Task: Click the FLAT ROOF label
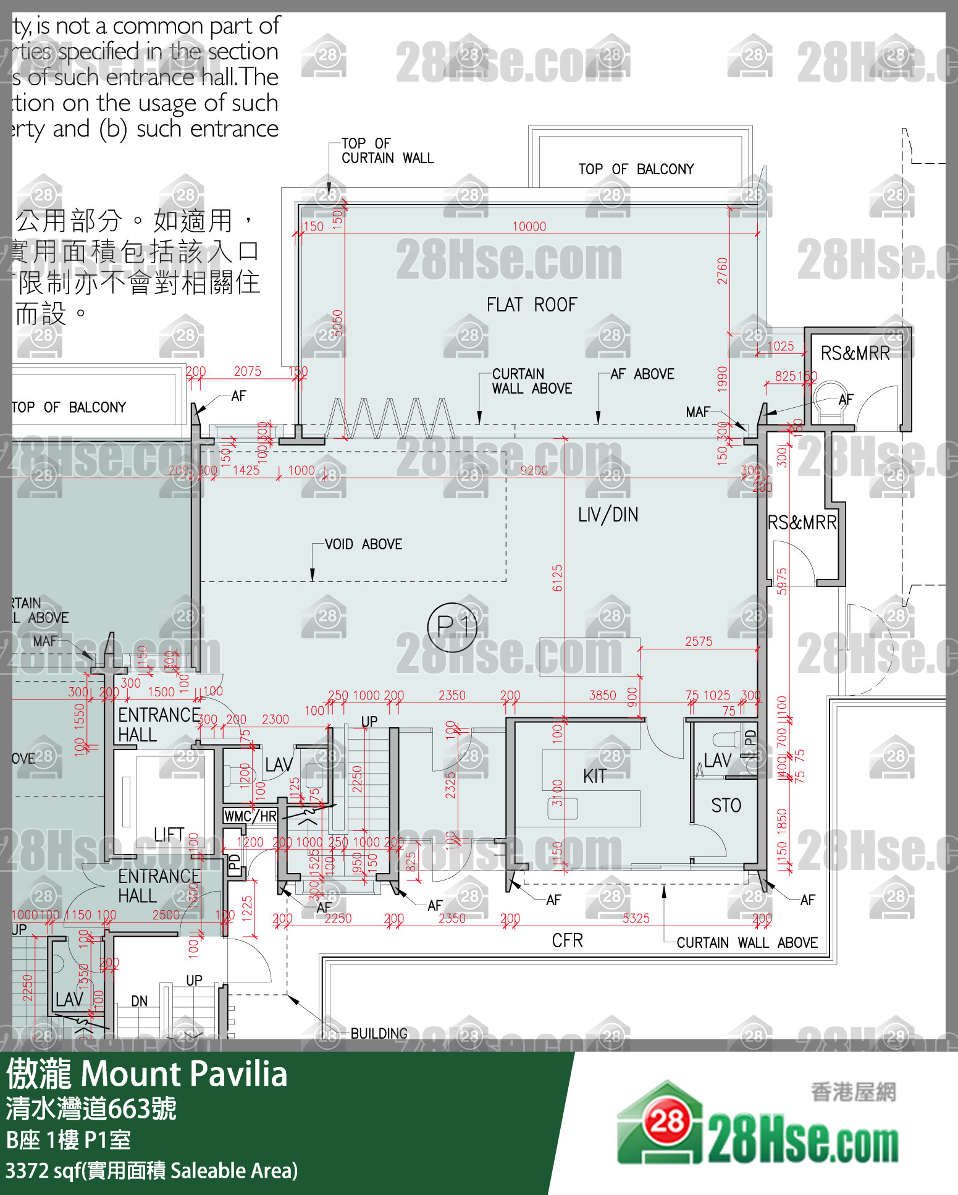[531, 305]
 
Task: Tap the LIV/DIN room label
[608, 515]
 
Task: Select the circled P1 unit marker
[453, 627]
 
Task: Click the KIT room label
[594, 777]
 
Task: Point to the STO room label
[726, 806]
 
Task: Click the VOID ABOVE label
[363, 544]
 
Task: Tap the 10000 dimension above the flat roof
[529, 227]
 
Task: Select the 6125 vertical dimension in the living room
[558, 578]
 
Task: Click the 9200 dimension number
[534, 471]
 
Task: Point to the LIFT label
[169, 835]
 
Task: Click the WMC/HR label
[251, 816]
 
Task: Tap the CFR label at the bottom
[567, 940]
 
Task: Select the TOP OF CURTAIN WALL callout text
[387, 151]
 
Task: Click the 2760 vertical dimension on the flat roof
[723, 271]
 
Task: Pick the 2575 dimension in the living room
[699, 641]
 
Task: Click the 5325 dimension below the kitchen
[636, 919]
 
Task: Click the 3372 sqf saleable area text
[151, 1170]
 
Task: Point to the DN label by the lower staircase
[140, 1001]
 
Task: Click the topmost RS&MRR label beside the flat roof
[855, 353]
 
